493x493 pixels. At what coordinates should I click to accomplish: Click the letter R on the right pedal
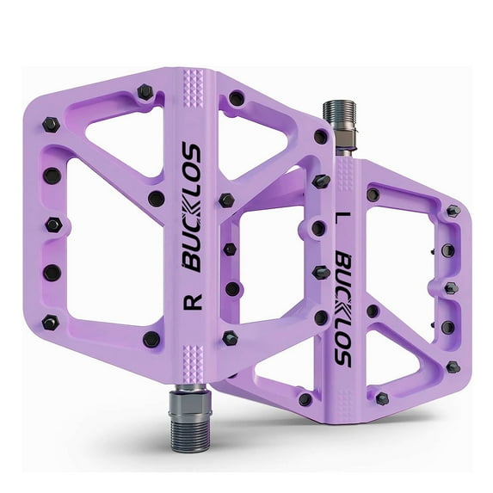click(x=193, y=302)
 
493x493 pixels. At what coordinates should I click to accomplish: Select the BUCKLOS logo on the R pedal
click(x=191, y=206)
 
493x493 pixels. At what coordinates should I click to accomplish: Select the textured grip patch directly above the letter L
click(x=343, y=177)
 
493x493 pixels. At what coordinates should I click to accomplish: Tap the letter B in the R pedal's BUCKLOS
click(x=192, y=262)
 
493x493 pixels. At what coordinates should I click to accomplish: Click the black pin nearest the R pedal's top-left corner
click(x=144, y=90)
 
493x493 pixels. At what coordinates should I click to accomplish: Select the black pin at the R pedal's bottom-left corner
click(x=50, y=323)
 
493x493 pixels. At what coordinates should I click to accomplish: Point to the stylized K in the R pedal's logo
click(x=191, y=206)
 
